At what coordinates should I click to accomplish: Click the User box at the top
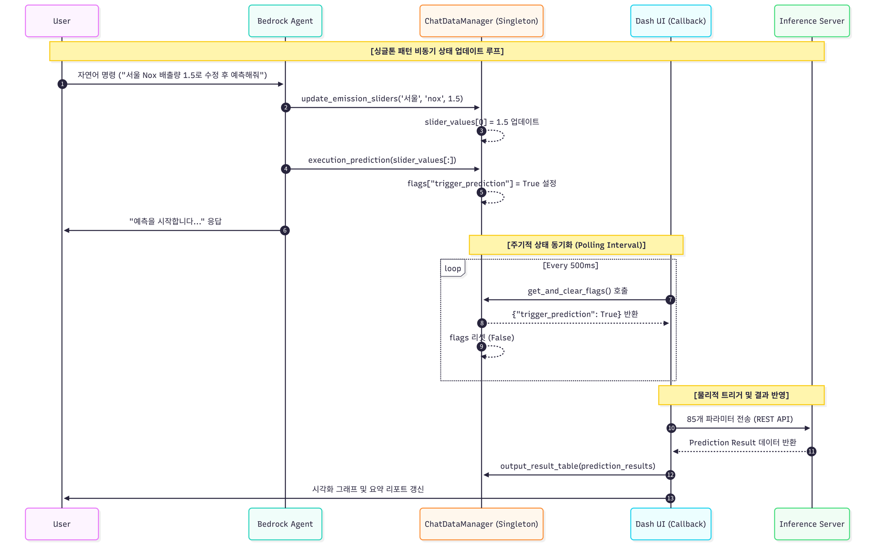coord(62,21)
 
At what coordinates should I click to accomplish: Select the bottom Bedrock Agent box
coord(285,524)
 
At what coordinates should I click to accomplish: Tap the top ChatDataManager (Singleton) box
coord(481,21)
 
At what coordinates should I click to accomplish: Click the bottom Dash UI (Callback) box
coord(670,524)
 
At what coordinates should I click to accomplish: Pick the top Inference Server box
coord(811,21)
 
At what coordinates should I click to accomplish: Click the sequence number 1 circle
coord(62,84)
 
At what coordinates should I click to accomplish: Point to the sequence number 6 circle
coord(285,230)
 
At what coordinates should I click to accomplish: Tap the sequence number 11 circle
coord(811,451)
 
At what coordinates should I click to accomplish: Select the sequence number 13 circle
coord(670,498)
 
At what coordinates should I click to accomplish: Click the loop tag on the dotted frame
coord(452,268)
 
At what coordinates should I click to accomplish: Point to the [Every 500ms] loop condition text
coord(570,265)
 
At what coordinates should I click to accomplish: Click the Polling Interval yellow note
coord(576,245)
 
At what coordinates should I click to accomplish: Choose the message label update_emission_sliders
coord(382,99)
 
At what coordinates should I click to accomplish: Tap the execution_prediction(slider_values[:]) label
coord(382,160)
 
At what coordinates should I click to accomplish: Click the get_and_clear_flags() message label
coord(578,291)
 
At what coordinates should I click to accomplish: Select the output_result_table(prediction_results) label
coord(578,466)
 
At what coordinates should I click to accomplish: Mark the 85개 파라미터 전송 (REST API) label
coord(740,419)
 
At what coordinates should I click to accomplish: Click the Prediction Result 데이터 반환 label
coord(743,442)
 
